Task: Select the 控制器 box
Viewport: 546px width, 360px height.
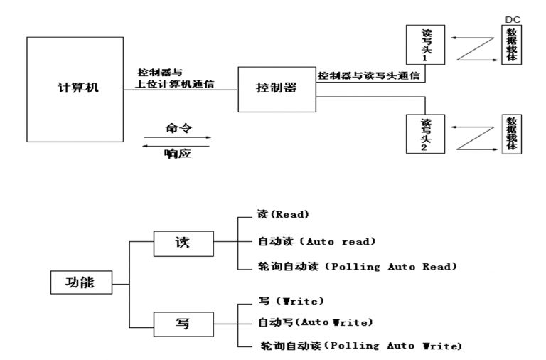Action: [x=276, y=89]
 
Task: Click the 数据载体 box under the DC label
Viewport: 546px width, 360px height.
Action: [x=511, y=45]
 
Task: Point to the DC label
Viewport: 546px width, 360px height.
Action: [x=511, y=18]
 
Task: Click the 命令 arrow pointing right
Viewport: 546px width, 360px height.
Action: [x=178, y=137]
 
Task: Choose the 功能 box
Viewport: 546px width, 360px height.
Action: [x=82, y=283]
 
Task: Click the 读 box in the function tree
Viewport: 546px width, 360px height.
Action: [x=183, y=243]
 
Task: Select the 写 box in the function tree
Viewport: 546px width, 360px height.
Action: [x=183, y=324]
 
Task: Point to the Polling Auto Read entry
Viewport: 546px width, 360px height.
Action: [x=355, y=267]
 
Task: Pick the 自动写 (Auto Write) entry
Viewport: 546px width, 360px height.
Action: [x=315, y=322]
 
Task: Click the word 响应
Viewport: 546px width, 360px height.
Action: [x=178, y=154]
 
